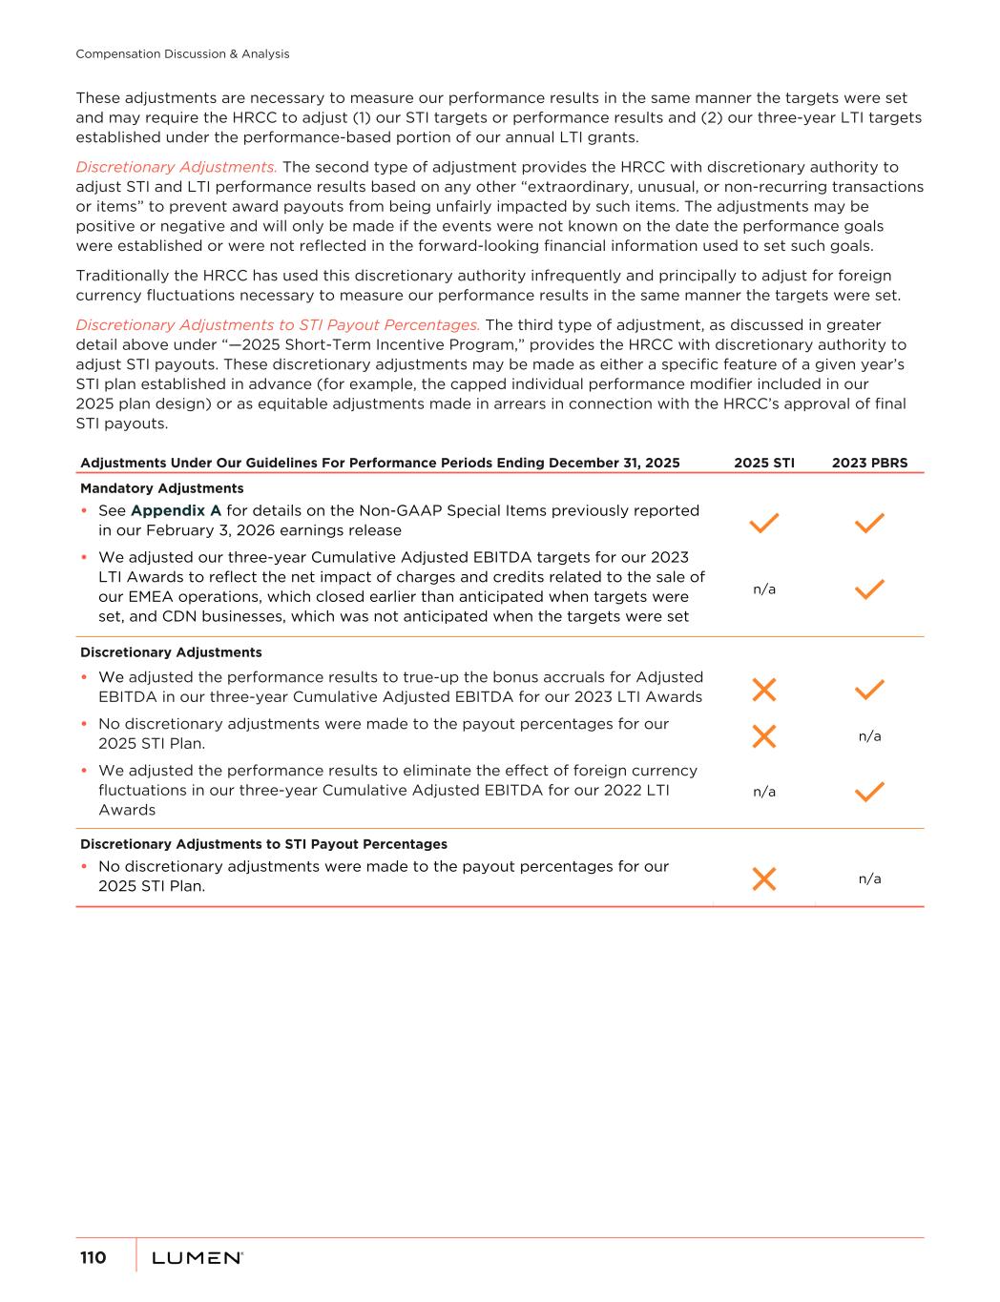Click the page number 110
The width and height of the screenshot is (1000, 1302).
tap(93, 1257)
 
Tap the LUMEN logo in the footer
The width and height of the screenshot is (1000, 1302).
tap(198, 1258)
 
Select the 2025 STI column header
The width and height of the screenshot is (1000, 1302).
tap(763, 463)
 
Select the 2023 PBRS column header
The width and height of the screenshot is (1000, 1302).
tap(869, 463)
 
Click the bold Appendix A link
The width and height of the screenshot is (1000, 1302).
tap(176, 510)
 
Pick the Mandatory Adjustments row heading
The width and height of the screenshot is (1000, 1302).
tap(161, 488)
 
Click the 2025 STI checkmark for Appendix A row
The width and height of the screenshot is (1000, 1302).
tap(763, 523)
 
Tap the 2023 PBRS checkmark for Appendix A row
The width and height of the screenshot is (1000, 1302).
tap(869, 523)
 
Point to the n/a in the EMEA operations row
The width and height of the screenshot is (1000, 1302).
tap(763, 589)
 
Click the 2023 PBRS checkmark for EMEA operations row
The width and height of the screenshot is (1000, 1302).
tap(869, 589)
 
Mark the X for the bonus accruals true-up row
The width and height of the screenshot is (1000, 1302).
tap(763, 689)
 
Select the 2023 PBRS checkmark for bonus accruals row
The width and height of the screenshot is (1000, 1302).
tap(869, 689)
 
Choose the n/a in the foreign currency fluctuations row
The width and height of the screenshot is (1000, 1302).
tap(763, 791)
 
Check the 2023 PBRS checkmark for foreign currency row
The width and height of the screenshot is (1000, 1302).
tap(869, 791)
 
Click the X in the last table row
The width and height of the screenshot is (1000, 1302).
tap(763, 878)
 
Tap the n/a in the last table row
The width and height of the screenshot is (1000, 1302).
tap(869, 878)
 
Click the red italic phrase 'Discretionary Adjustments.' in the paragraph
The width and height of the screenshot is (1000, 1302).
tap(177, 167)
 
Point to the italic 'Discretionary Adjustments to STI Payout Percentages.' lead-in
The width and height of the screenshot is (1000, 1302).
tap(278, 325)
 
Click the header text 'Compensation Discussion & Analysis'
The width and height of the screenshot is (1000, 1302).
tap(182, 54)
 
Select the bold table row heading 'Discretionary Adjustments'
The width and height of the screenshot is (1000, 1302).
tap(171, 652)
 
